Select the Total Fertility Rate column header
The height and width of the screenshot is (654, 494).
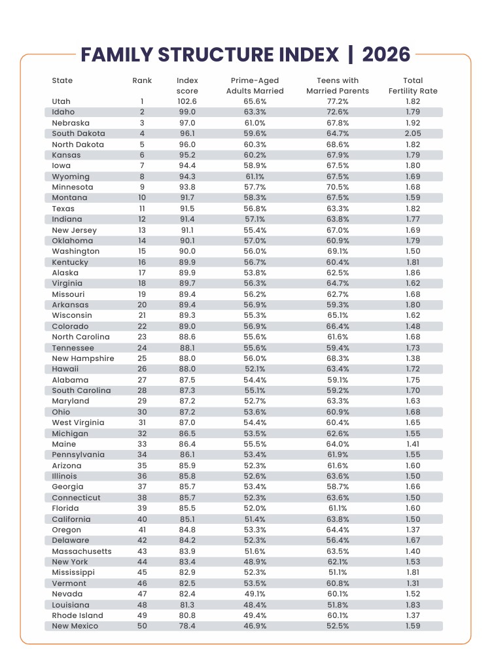(413, 86)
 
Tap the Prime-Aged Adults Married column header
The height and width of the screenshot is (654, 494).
(255, 86)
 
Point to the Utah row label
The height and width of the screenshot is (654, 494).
(61, 101)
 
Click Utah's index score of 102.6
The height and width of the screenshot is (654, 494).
(187, 101)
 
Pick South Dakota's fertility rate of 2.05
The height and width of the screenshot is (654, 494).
(413, 133)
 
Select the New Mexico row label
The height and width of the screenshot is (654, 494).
(75, 626)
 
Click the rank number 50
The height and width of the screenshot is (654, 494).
(142, 626)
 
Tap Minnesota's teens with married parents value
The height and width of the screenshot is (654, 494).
(338, 187)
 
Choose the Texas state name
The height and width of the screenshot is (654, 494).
(63, 209)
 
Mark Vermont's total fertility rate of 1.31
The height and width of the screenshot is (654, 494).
(413, 583)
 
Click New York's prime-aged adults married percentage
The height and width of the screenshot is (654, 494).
(255, 562)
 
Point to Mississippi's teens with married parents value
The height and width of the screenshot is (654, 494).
(338, 572)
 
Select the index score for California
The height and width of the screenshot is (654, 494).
(187, 519)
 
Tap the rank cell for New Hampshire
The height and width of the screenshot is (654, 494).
(142, 358)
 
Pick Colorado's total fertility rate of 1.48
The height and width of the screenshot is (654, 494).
(413, 326)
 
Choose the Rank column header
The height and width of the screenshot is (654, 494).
(142, 80)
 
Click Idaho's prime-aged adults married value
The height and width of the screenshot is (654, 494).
(255, 112)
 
